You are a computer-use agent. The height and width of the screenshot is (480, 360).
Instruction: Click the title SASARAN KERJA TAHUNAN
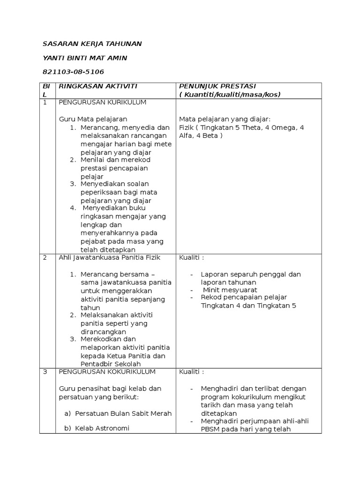click(x=92, y=44)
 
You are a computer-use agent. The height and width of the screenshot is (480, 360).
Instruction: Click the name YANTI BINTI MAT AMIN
click(x=85, y=58)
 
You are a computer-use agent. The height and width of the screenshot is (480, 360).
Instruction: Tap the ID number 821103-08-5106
click(x=73, y=72)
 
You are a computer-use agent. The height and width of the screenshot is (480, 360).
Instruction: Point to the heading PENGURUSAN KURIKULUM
click(x=103, y=102)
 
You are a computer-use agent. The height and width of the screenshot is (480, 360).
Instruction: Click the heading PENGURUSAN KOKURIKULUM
click(x=107, y=372)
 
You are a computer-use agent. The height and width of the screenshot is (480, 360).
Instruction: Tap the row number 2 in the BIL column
click(x=45, y=257)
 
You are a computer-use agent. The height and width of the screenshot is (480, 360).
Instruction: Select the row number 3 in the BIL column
click(x=45, y=372)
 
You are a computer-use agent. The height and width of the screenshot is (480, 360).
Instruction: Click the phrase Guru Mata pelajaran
click(x=93, y=119)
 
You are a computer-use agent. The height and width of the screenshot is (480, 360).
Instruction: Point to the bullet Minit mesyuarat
click(x=225, y=289)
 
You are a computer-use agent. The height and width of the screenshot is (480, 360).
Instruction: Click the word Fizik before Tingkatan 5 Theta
click(x=187, y=127)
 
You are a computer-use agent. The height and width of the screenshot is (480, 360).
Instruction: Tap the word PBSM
click(x=210, y=429)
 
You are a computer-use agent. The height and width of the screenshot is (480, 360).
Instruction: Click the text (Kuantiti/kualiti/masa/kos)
click(x=230, y=94)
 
